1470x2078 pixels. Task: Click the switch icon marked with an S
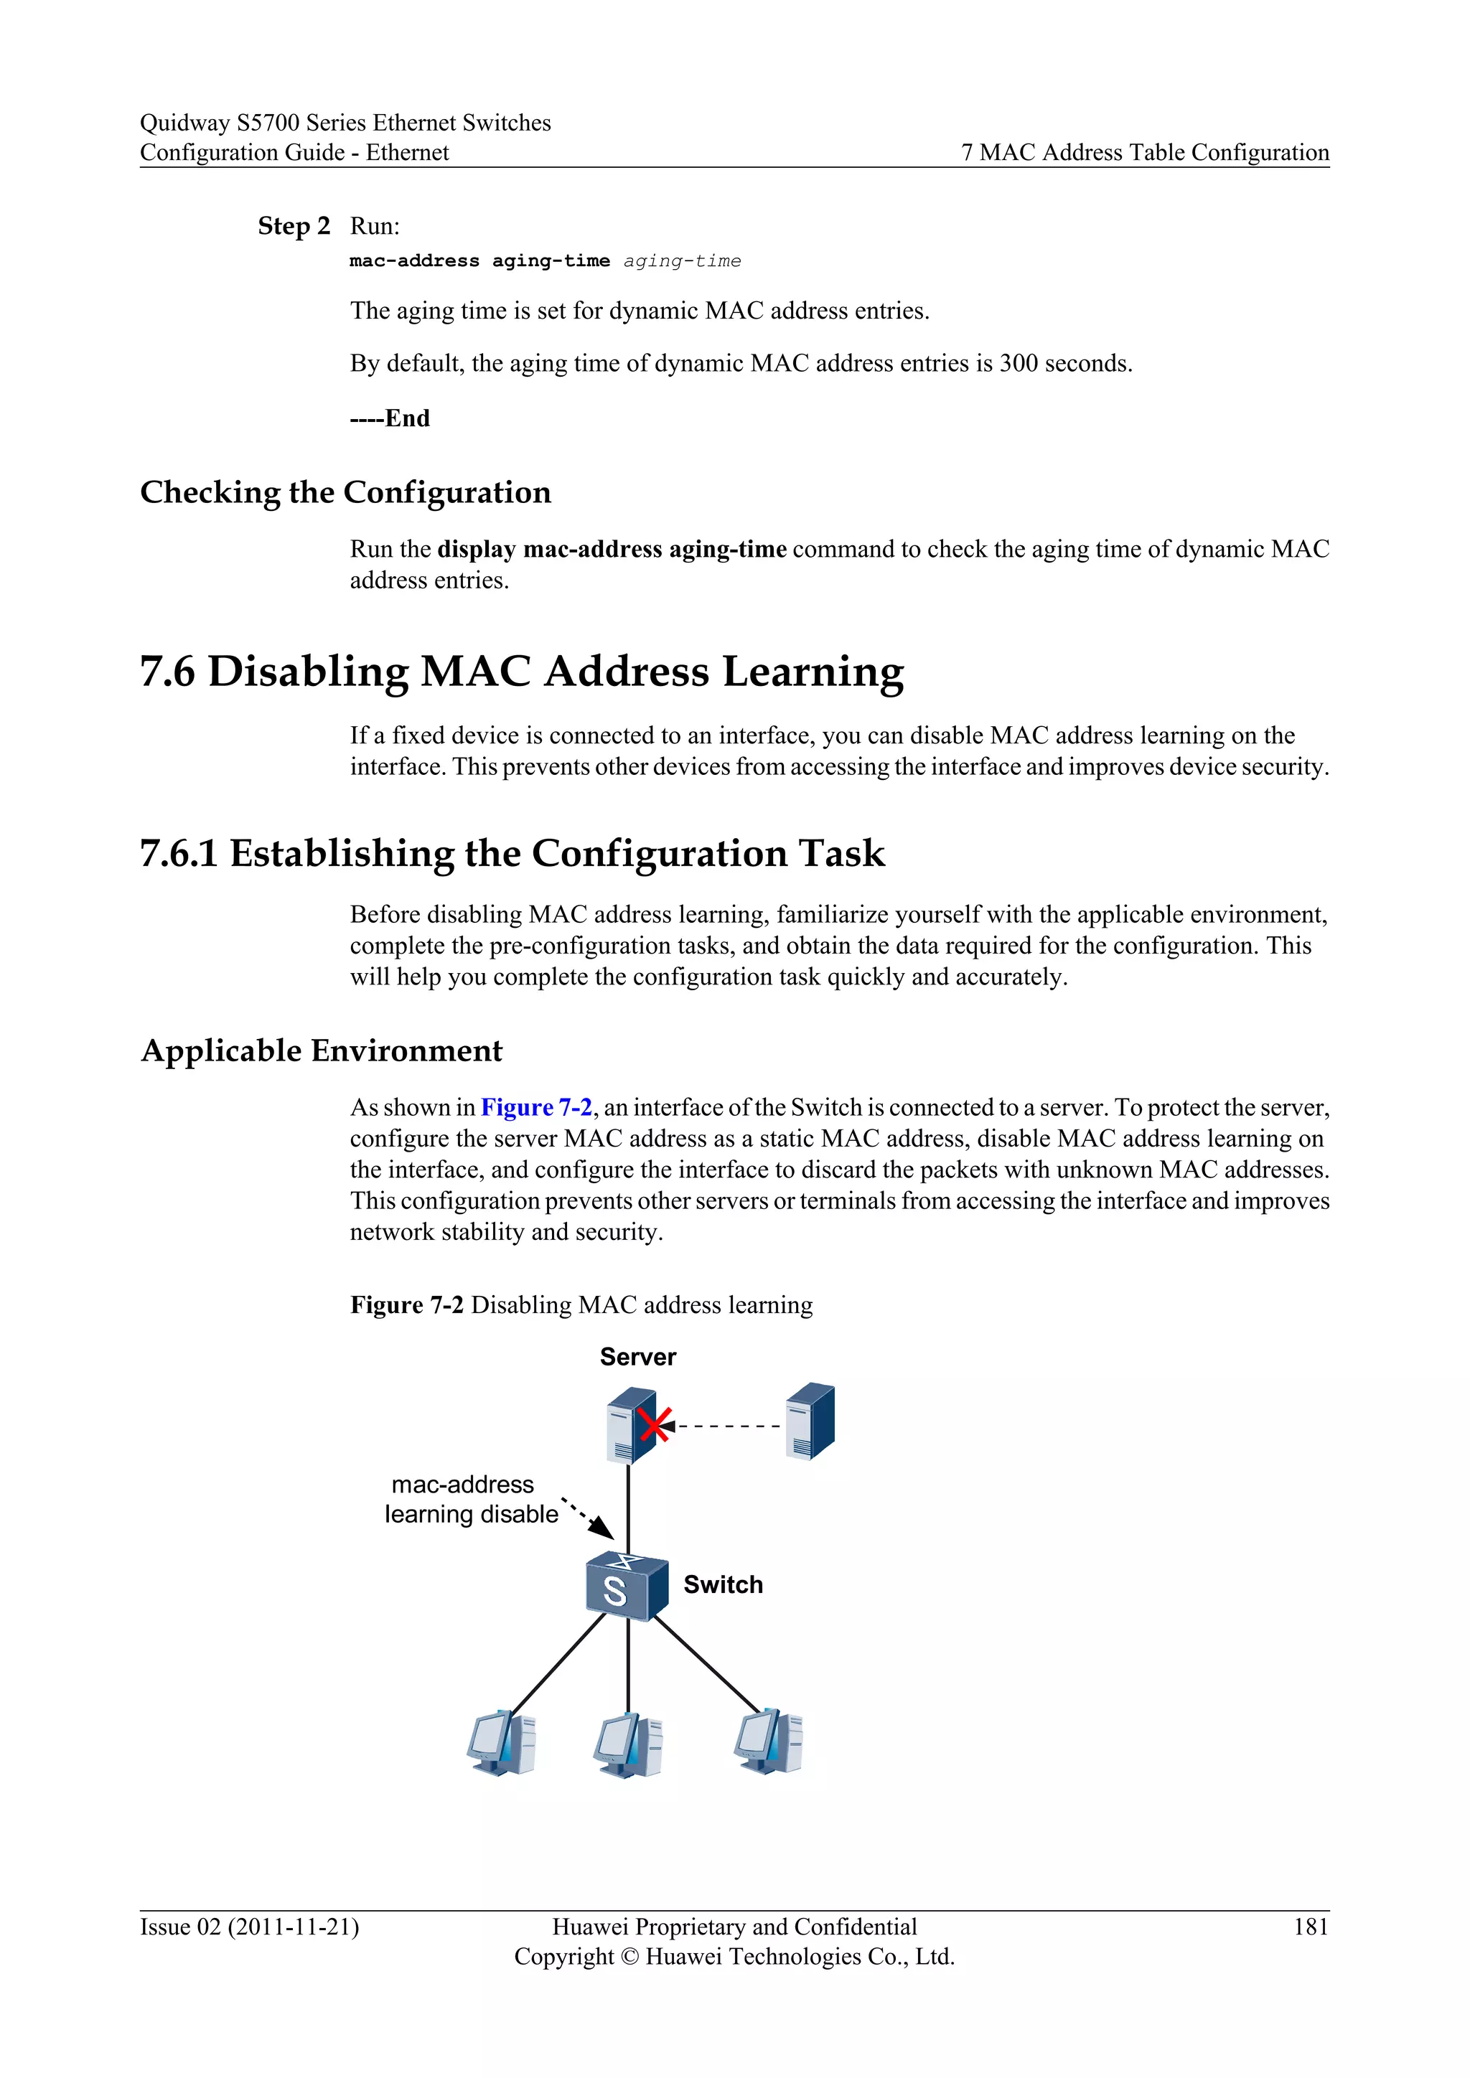(x=627, y=1586)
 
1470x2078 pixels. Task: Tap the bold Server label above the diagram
(x=638, y=1357)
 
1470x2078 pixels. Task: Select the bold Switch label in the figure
(x=724, y=1585)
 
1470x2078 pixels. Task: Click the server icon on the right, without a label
(x=810, y=1421)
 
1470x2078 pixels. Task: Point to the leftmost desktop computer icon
(x=502, y=1742)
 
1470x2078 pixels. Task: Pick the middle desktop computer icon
(x=628, y=1744)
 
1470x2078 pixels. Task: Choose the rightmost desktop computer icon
(x=769, y=1741)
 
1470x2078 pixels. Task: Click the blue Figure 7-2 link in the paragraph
(x=536, y=1107)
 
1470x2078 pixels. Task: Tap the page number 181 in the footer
(x=1311, y=1926)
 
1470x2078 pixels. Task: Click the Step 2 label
(x=294, y=225)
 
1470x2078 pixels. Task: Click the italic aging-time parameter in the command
(x=682, y=262)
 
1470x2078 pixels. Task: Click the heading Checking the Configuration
(x=345, y=492)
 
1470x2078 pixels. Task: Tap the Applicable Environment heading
(x=322, y=1050)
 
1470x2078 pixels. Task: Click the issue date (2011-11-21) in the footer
(x=294, y=1927)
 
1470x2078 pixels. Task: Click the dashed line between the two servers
(x=729, y=1426)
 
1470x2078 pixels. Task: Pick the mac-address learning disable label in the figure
(x=471, y=1499)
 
